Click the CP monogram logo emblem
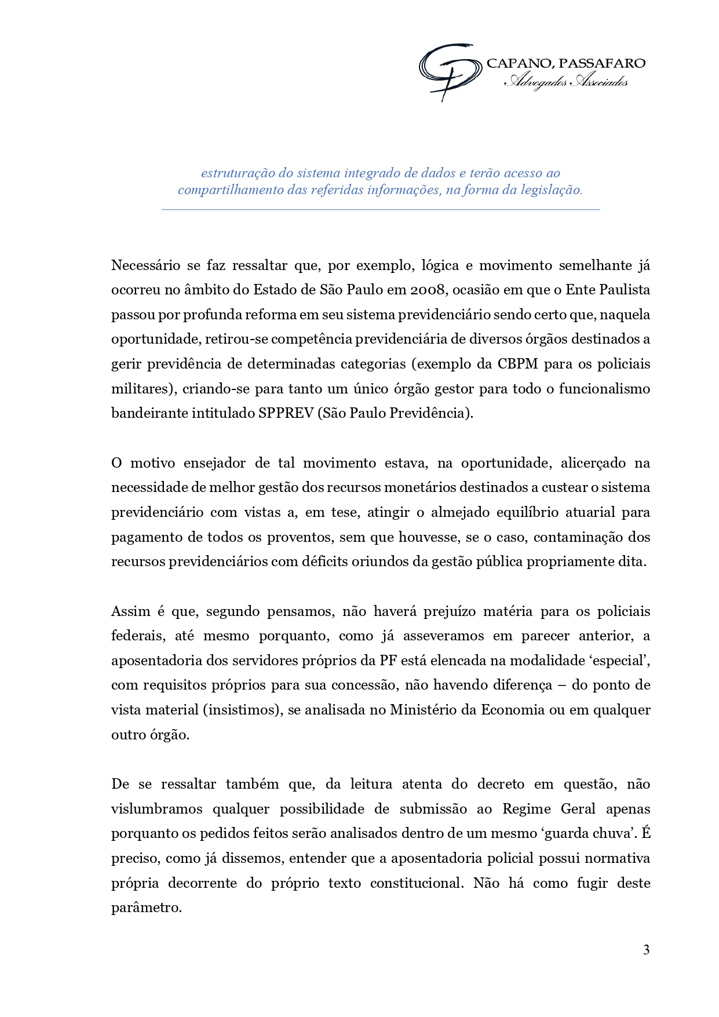[450, 71]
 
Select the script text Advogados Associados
[565, 82]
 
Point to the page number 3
[646, 950]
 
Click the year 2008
[428, 290]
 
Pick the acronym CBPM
[517, 364]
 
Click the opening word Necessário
[145, 265]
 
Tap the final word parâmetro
[146, 907]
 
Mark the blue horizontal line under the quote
[381, 209]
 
